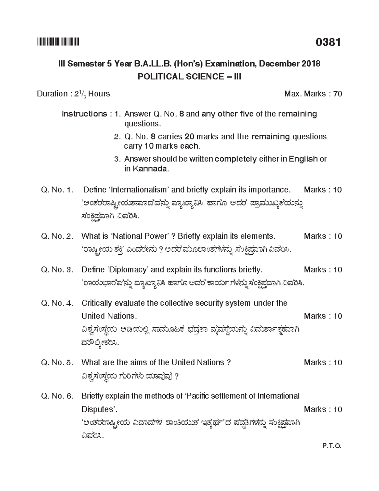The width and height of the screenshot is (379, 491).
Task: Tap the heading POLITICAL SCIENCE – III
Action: (x=189, y=77)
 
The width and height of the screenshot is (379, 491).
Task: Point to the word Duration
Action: (x=52, y=94)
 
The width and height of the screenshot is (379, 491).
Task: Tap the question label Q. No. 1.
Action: (x=57, y=190)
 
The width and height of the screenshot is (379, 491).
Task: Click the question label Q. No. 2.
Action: (x=57, y=236)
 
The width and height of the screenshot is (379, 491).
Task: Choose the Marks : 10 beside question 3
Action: (x=323, y=270)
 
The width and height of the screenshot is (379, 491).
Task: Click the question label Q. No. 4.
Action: (x=57, y=303)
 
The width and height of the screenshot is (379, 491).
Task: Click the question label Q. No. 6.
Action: (x=57, y=396)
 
